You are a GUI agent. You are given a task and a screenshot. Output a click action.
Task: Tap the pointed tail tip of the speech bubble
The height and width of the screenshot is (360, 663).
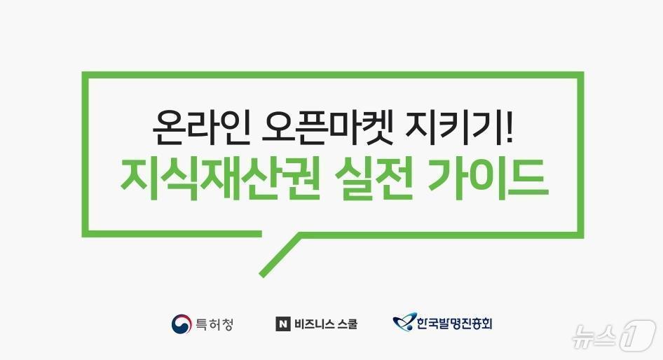coord(262,273)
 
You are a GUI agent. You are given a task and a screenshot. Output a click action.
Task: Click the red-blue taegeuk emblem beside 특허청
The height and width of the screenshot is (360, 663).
coord(181,324)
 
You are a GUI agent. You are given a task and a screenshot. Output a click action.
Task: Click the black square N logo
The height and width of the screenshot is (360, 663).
coord(282,324)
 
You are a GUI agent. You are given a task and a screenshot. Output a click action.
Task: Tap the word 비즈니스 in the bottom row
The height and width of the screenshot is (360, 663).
coord(314,324)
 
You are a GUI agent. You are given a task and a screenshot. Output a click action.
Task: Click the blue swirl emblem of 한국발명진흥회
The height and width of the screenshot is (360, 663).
coord(403,324)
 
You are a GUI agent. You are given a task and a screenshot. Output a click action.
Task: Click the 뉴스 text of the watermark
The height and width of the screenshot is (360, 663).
coord(593,338)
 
